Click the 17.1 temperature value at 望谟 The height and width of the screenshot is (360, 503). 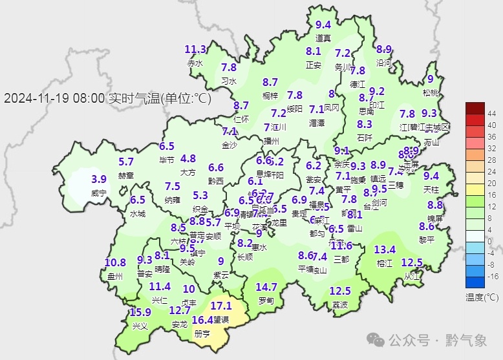220,305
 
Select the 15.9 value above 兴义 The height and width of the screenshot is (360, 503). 140,312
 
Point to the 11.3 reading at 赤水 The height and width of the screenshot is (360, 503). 195,49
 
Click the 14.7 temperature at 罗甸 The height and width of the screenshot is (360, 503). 266,287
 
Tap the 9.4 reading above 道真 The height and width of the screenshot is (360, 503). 323,25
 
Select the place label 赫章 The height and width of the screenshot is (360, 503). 126,175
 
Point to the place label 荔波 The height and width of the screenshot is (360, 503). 340,304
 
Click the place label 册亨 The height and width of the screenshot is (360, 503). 202,334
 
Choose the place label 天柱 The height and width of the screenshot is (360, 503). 431,189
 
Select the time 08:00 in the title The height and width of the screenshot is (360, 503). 87,99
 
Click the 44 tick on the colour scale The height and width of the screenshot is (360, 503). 491,113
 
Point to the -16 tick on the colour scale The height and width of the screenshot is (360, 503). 491,276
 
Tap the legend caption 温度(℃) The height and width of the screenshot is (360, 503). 482,297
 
